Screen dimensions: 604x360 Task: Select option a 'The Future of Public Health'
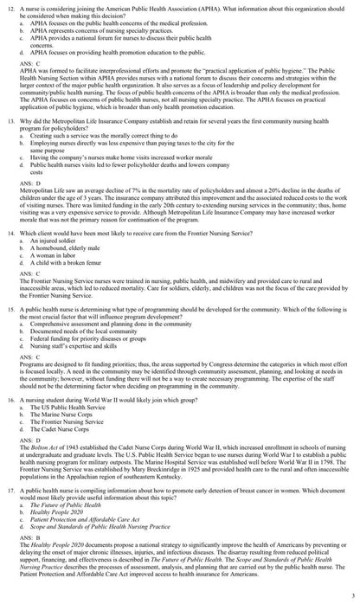pos(68,528)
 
